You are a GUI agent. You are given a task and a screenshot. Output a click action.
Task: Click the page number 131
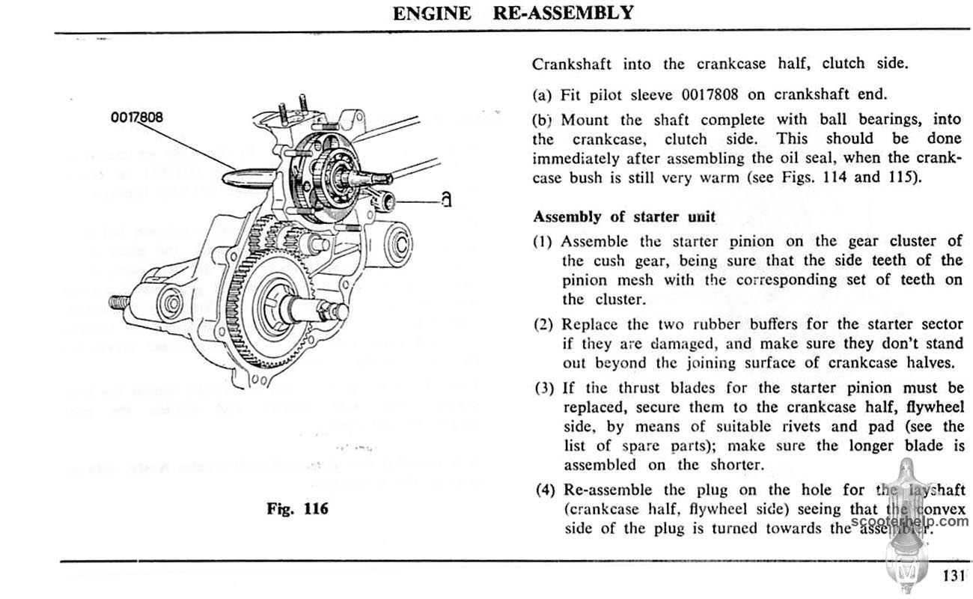951,577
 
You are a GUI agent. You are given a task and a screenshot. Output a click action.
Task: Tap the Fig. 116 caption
298,509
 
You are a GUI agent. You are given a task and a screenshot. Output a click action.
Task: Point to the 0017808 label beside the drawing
135,118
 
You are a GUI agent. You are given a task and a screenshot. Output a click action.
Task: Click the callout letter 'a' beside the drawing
445,200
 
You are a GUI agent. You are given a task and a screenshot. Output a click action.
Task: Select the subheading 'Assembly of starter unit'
624,217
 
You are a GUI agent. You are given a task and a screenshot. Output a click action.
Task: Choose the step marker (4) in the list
546,490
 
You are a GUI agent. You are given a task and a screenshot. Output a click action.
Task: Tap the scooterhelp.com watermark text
920,521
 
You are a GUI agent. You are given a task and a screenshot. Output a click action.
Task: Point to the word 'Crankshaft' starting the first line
572,64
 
